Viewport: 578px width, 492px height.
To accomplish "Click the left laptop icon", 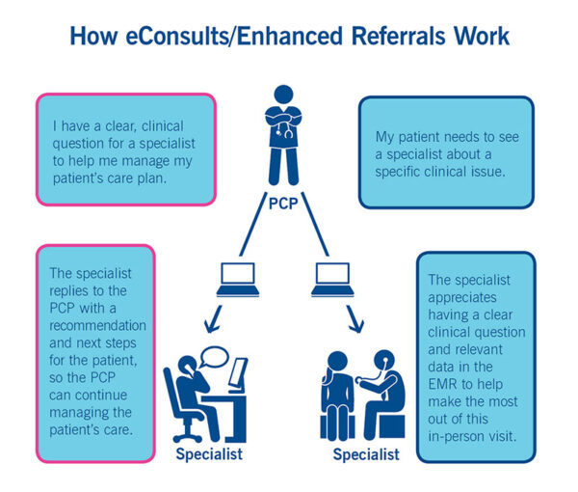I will [237, 281].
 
